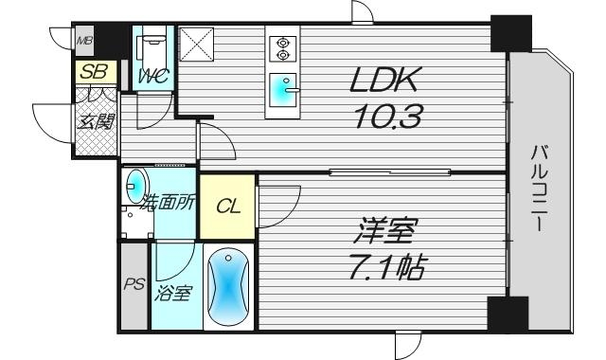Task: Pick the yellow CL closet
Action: [x=227, y=207]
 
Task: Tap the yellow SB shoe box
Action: [x=94, y=71]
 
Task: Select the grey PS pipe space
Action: [x=133, y=285]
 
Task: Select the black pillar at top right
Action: [x=510, y=35]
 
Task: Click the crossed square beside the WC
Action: [x=200, y=46]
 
